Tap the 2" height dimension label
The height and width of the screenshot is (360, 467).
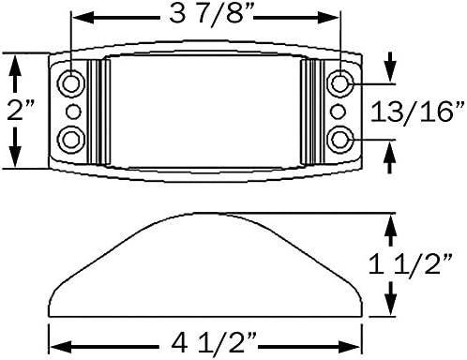click(x=21, y=110)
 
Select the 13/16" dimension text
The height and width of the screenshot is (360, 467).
click(x=417, y=112)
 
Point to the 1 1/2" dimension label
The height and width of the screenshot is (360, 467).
click(x=411, y=264)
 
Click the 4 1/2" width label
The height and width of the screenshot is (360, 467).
click(x=214, y=343)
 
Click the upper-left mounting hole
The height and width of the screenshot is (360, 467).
click(x=71, y=83)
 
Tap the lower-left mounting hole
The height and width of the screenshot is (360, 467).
click(x=71, y=140)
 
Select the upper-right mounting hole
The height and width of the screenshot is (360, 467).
click(x=340, y=83)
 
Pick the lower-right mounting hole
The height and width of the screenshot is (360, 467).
click(x=340, y=140)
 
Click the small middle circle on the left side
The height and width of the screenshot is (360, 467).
click(x=74, y=112)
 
